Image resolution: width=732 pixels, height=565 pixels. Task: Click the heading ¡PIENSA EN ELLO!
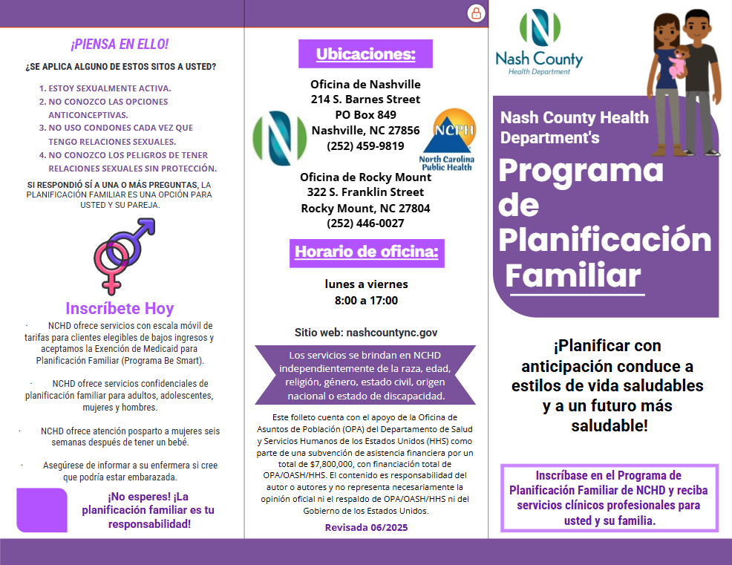tap(120, 44)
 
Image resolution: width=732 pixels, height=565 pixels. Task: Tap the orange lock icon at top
tap(476, 13)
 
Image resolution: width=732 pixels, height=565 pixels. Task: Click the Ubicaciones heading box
tap(365, 54)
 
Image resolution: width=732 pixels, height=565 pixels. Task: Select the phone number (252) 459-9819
tap(365, 146)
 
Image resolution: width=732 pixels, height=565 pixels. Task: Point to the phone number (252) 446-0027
tap(365, 223)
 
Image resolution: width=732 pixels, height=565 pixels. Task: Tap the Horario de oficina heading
tap(367, 252)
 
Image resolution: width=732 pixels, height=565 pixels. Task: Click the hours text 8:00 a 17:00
tap(366, 301)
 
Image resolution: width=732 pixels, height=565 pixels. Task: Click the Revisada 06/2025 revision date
tap(366, 527)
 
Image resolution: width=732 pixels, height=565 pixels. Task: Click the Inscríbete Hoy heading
tap(120, 308)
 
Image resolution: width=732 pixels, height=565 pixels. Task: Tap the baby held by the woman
tap(677, 62)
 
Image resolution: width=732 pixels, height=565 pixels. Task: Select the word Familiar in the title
tap(572, 276)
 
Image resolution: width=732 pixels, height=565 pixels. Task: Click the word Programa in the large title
tap(581, 170)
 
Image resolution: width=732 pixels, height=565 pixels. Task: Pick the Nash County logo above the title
tap(538, 43)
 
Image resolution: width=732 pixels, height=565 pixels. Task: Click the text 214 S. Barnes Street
tap(365, 99)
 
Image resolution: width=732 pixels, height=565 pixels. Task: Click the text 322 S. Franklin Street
tap(365, 192)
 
